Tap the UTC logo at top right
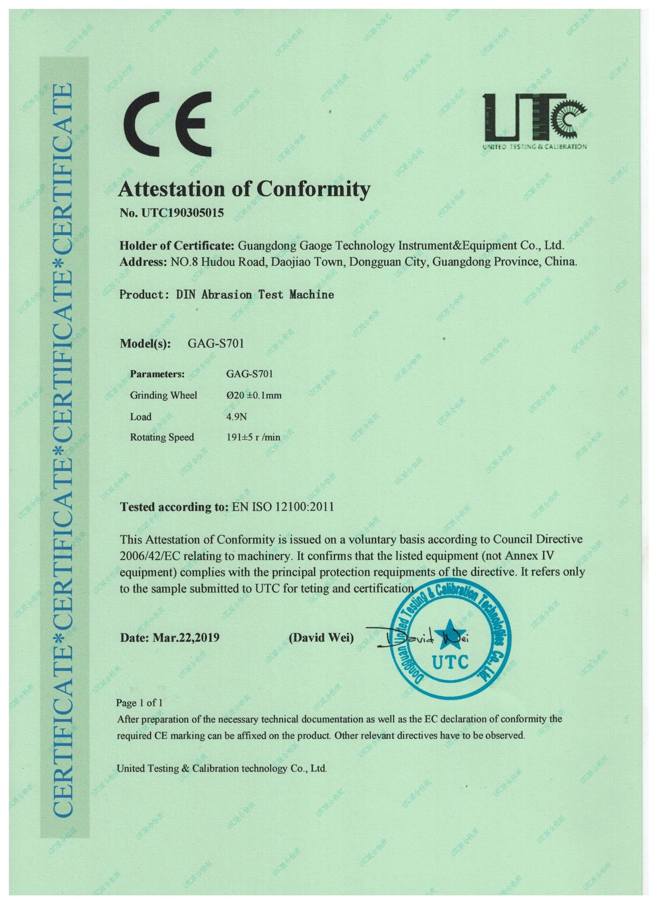point(534,121)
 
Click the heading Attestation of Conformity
point(244,189)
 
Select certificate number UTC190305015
point(182,213)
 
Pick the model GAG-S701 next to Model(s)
point(216,344)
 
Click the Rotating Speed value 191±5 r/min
point(253,437)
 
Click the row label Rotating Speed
point(162,437)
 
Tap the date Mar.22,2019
point(186,637)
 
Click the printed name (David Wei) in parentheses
point(321,638)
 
